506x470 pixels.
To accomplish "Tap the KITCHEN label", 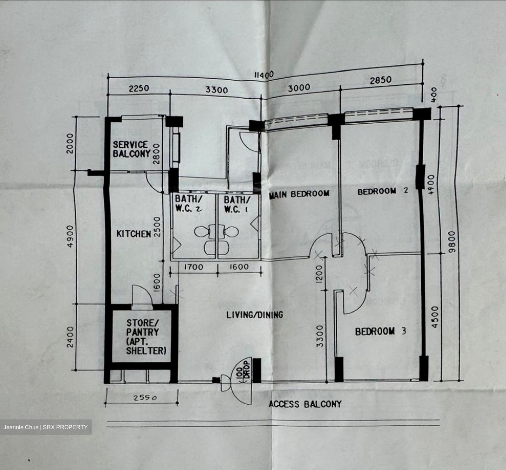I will [134, 234].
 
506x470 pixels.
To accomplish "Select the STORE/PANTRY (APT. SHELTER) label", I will [145, 337].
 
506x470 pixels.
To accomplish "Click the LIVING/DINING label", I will [254, 315].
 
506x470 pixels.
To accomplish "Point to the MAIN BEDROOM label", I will [299, 194].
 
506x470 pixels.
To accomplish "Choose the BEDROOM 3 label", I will [380, 331].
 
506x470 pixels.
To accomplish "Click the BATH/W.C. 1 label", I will [237, 204].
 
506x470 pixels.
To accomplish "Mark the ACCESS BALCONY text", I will [305, 404].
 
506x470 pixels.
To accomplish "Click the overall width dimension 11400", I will [264, 75].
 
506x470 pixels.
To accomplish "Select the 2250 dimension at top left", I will [139, 88].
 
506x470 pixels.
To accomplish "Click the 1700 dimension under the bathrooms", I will [193, 267].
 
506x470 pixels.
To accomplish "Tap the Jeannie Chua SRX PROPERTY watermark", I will [46, 427].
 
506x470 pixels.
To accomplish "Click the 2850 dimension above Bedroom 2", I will [380, 80].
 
